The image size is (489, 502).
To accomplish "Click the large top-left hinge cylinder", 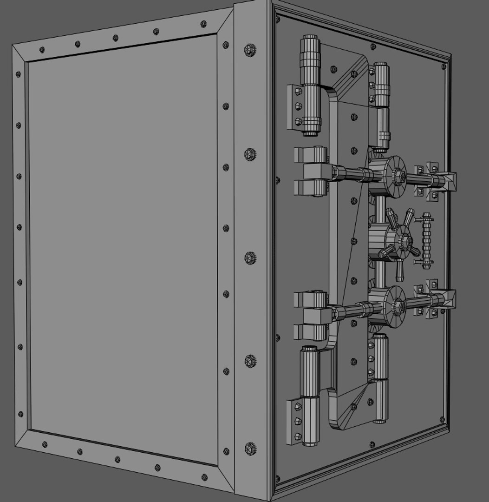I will coord(310,86).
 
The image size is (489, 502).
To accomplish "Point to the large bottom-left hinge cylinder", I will coord(309,395).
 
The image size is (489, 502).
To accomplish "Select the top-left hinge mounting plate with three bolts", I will coord(296,106).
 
